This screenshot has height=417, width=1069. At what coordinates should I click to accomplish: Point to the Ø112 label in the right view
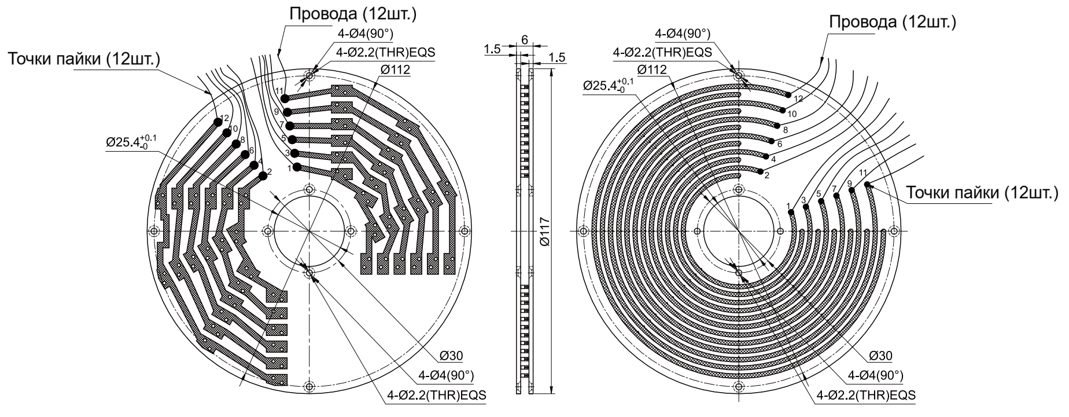coord(651,70)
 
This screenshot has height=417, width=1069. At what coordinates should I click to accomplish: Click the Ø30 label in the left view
coord(451,356)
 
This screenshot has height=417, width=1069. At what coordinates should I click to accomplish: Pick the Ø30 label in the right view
coord(880,356)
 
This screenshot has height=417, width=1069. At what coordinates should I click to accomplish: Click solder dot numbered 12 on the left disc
coord(218,122)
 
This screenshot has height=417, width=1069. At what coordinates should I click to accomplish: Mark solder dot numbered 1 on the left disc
coord(297,167)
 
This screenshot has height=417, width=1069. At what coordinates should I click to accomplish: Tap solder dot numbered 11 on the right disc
coord(868,185)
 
